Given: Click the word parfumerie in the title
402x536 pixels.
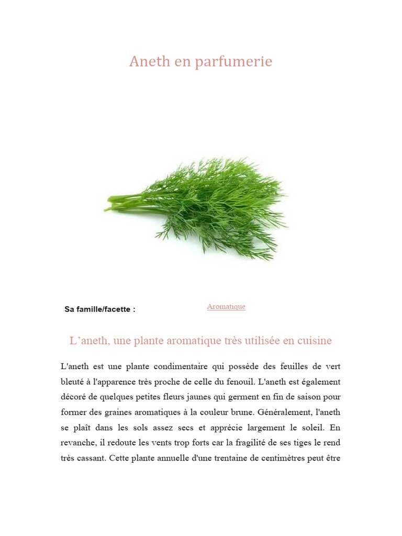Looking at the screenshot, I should click(233, 62).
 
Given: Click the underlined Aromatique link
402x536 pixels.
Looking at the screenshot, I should click(226, 307).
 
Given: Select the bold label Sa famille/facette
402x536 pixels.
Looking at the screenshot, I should click(99, 309).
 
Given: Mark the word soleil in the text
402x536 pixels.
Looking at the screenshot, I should click(312, 428).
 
